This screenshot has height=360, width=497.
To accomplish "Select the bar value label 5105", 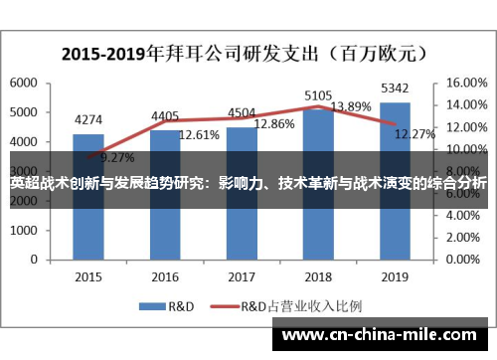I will [x=318, y=94].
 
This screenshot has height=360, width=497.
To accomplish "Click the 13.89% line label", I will [x=351, y=106].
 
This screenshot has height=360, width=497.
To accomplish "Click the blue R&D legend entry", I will [x=171, y=306].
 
